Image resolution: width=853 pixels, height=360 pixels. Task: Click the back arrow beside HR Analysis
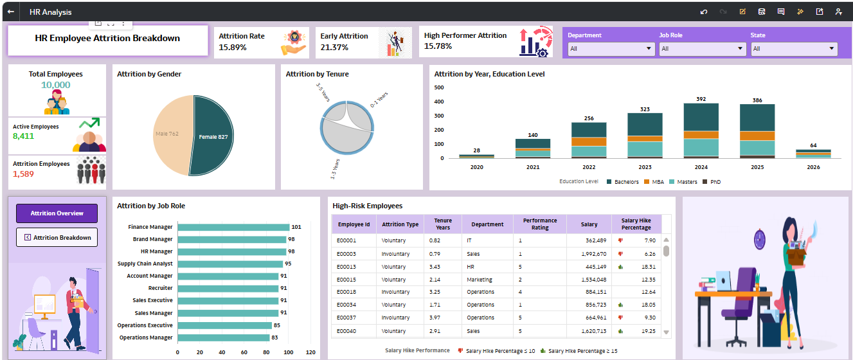point(11,12)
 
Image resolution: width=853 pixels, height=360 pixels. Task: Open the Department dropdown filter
point(611,49)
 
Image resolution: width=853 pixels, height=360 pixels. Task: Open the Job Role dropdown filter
point(702,49)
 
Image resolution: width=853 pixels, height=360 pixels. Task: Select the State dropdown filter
point(793,49)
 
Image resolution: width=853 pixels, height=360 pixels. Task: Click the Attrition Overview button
point(57,213)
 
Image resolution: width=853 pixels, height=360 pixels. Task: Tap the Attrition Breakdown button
point(57,237)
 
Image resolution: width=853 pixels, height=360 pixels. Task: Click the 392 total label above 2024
point(701,99)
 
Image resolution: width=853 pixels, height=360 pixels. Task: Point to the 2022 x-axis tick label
point(588,166)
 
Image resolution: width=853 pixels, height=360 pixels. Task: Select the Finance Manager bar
point(233,227)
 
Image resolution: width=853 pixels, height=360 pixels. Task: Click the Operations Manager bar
point(223,337)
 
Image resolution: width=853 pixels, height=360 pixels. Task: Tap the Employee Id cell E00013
point(346,267)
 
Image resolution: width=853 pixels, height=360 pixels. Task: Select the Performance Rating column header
point(539,224)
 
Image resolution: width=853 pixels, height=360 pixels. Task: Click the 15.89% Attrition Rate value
point(233,47)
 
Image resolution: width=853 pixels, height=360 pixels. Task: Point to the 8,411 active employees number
point(24,136)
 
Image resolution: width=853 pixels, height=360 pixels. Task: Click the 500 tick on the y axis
point(439,87)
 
